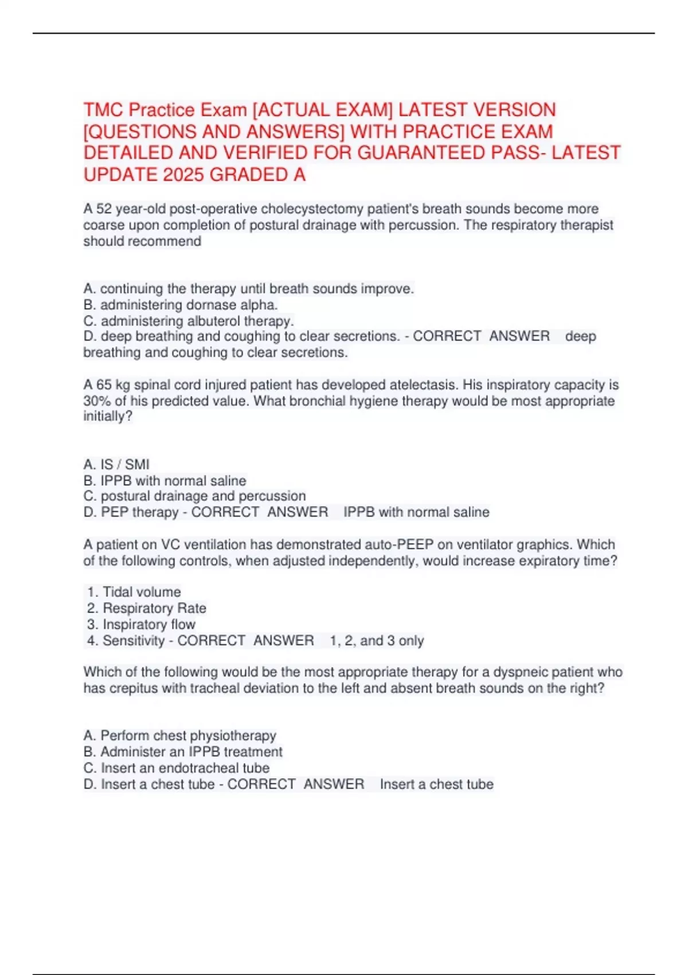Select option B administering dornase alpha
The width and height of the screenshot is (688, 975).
coord(181,305)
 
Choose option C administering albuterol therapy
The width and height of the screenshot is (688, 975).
coord(189,321)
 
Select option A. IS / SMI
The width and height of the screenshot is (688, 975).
coord(116,464)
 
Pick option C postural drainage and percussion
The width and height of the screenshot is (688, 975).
coord(194,496)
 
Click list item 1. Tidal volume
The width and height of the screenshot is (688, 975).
coord(134,592)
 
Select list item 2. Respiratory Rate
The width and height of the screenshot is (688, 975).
coord(147,608)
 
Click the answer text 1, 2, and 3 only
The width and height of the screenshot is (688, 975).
coord(377,641)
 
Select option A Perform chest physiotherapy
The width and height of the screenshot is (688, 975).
coord(180,735)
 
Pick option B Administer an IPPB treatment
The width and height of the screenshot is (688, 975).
coord(183,751)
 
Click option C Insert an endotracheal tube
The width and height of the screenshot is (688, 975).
coord(177,768)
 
